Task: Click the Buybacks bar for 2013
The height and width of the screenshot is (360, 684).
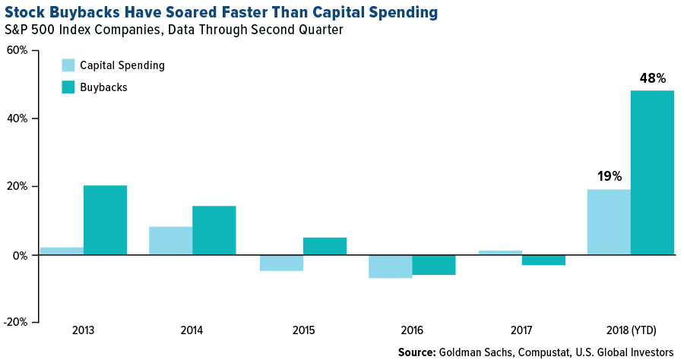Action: (105, 220)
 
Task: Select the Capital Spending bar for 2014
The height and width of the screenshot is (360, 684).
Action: (170, 241)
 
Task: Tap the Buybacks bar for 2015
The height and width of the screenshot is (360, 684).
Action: (325, 246)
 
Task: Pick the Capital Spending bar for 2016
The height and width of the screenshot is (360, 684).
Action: (390, 267)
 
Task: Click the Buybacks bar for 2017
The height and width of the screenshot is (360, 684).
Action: (543, 260)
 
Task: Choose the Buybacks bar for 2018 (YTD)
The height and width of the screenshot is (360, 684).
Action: (652, 172)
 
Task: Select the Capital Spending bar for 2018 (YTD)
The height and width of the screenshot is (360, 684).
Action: (609, 222)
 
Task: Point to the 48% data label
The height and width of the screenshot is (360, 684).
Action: (652, 78)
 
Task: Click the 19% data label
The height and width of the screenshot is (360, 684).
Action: (609, 176)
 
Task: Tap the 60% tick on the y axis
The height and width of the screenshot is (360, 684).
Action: (17, 51)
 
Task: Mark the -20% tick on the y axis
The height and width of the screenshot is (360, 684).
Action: (16, 322)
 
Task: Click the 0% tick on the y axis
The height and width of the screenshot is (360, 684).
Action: (20, 256)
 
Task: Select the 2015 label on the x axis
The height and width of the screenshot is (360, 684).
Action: (302, 330)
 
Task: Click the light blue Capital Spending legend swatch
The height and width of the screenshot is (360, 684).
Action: (68, 65)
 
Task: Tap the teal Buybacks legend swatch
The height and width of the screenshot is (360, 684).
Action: (68, 87)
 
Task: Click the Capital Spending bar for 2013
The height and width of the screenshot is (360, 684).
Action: (62, 251)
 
